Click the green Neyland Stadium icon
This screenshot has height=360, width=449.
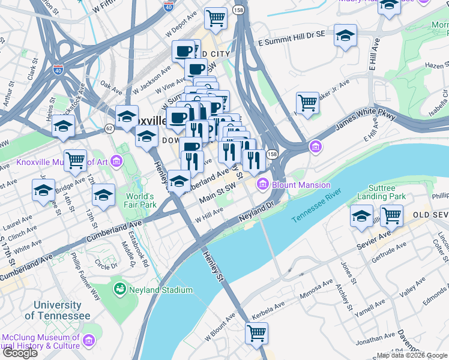(x=120, y=290)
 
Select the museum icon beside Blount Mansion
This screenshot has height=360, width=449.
(x=262, y=184)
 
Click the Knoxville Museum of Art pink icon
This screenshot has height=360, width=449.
(x=116, y=161)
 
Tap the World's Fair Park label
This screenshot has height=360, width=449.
(x=140, y=200)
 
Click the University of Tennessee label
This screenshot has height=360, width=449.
(x=62, y=310)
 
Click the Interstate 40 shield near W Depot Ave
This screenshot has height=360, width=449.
(x=168, y=7)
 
